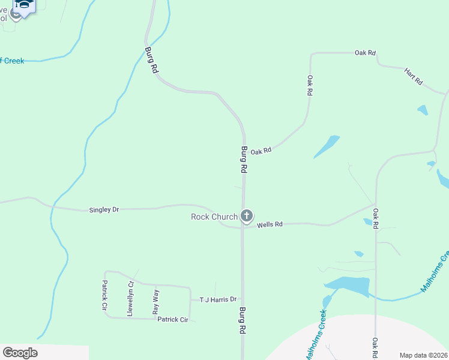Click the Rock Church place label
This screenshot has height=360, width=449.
point(214,217)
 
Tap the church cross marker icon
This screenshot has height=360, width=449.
point(246,216)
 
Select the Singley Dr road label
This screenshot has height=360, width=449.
point(104,209)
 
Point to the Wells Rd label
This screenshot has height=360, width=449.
point(270,224)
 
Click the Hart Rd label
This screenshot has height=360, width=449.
point(414,76)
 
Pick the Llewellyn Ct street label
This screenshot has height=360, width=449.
point(130,299)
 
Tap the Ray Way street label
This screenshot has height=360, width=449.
point(156,301)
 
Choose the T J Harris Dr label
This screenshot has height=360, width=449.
point(218,299)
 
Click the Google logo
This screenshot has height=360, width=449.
point(20,353)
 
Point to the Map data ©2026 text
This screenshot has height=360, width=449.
point(424,355)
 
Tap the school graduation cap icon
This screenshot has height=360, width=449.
point(24,5)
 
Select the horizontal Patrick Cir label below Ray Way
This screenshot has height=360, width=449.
point(173,320)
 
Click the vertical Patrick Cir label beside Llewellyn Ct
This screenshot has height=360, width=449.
point(104,295)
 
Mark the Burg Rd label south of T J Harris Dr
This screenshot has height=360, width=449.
point(243,321)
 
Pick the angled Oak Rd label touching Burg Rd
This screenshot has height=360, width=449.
point(261,151)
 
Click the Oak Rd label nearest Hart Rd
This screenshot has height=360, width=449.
point(365,53)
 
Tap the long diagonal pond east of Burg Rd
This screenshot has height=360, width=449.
point(327,146)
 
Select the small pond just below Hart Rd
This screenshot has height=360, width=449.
point(423,110)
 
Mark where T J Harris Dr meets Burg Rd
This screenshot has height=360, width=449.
point(243,299)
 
